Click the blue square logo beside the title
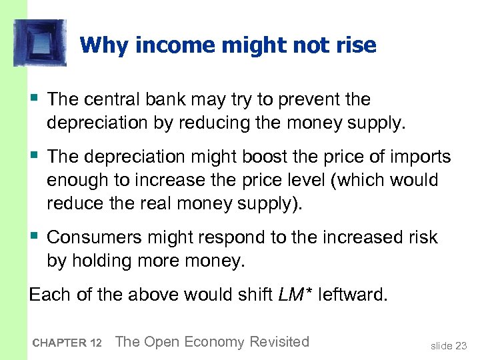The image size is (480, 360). pyautogui.click(x=40, y=43)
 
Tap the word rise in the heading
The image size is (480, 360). pyautogui.click(x=355, y=45)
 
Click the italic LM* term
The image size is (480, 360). pyautogui.click(x=291, y=295)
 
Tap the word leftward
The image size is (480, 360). pyautogui.click(x=353, y=295)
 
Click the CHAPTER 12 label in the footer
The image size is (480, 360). pyautogui.click(x=66, y=343)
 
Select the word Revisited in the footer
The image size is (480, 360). pyautogui.click(x=279, y=342)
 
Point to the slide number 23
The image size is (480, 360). pyautogui.click(x=459, y=346)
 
